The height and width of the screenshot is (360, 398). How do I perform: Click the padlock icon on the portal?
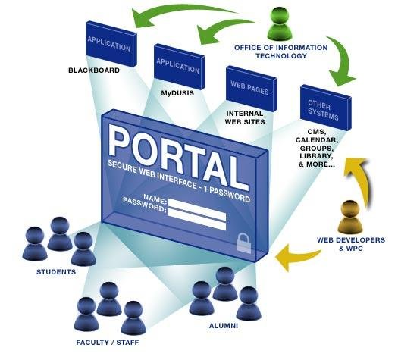click(x=243, y=243)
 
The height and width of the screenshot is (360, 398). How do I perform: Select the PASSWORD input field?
click(x=197, y=219)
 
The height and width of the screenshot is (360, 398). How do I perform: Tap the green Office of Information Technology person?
click(x=280, y=23)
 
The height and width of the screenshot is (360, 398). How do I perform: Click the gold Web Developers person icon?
click(x=350, y=217)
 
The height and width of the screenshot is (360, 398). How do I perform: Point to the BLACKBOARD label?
click(x=94, y=70)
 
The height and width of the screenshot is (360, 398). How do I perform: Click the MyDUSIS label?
click(x=177, y=93)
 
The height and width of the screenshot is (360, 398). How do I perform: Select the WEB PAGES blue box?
click(x=251, y=89)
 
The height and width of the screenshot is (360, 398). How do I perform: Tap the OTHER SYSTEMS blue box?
click(x=326, y=108)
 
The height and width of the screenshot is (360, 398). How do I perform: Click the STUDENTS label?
click(x=56, y=272)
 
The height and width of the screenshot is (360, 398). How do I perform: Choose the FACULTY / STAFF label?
click(x=108, y=343)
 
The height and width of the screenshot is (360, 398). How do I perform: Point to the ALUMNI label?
click(x=224, y=326)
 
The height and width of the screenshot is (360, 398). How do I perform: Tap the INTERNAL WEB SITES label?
click(x=245, y=117)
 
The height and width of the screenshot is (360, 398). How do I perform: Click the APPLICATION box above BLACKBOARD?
click(x=111, y=44)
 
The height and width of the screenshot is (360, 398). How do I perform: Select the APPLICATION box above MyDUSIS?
click(x=179, y=67)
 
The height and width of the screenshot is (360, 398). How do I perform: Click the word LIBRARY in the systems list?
click(x=316, y=156)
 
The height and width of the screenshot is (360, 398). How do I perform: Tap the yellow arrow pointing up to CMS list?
click(x=361, y=177)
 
